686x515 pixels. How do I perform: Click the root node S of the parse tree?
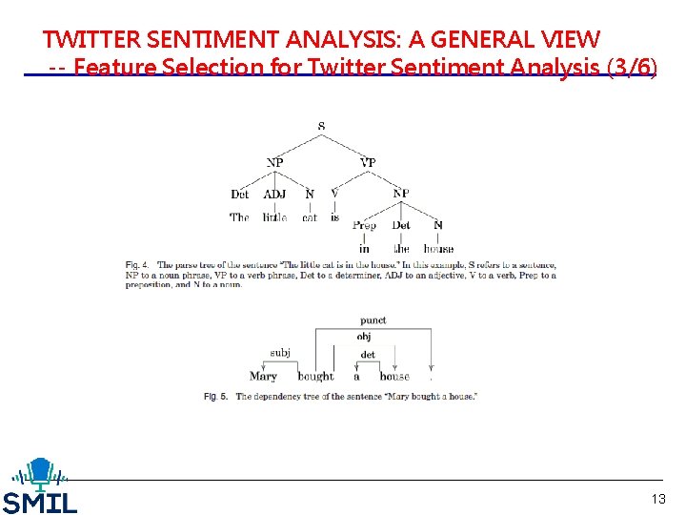[321, 126]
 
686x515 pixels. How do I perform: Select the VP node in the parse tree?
[368, 162]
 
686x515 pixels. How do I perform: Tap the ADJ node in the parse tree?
[274, 194]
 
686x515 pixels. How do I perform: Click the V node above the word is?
[334, 194]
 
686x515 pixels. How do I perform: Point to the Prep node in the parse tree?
[364, 225]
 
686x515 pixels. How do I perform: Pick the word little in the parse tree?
[274, 217]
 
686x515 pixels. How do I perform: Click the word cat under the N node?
[310, 217]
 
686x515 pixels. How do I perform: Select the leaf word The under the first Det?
[239, 217]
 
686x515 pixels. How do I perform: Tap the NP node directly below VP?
[401, 194]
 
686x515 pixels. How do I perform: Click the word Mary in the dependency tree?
[263, 377]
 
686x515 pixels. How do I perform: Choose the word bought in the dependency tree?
[315, 377]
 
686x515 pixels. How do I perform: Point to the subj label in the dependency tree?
[280, 353]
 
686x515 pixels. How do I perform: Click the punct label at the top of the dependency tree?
[373, 320]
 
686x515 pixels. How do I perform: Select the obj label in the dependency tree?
[364, 337]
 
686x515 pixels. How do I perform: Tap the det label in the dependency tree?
[368, 355]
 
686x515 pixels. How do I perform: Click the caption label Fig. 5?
[215, 396]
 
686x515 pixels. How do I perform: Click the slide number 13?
[658, 499]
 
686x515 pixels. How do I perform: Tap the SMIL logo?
[39, 486]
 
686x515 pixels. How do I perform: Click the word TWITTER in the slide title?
[91, 39]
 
